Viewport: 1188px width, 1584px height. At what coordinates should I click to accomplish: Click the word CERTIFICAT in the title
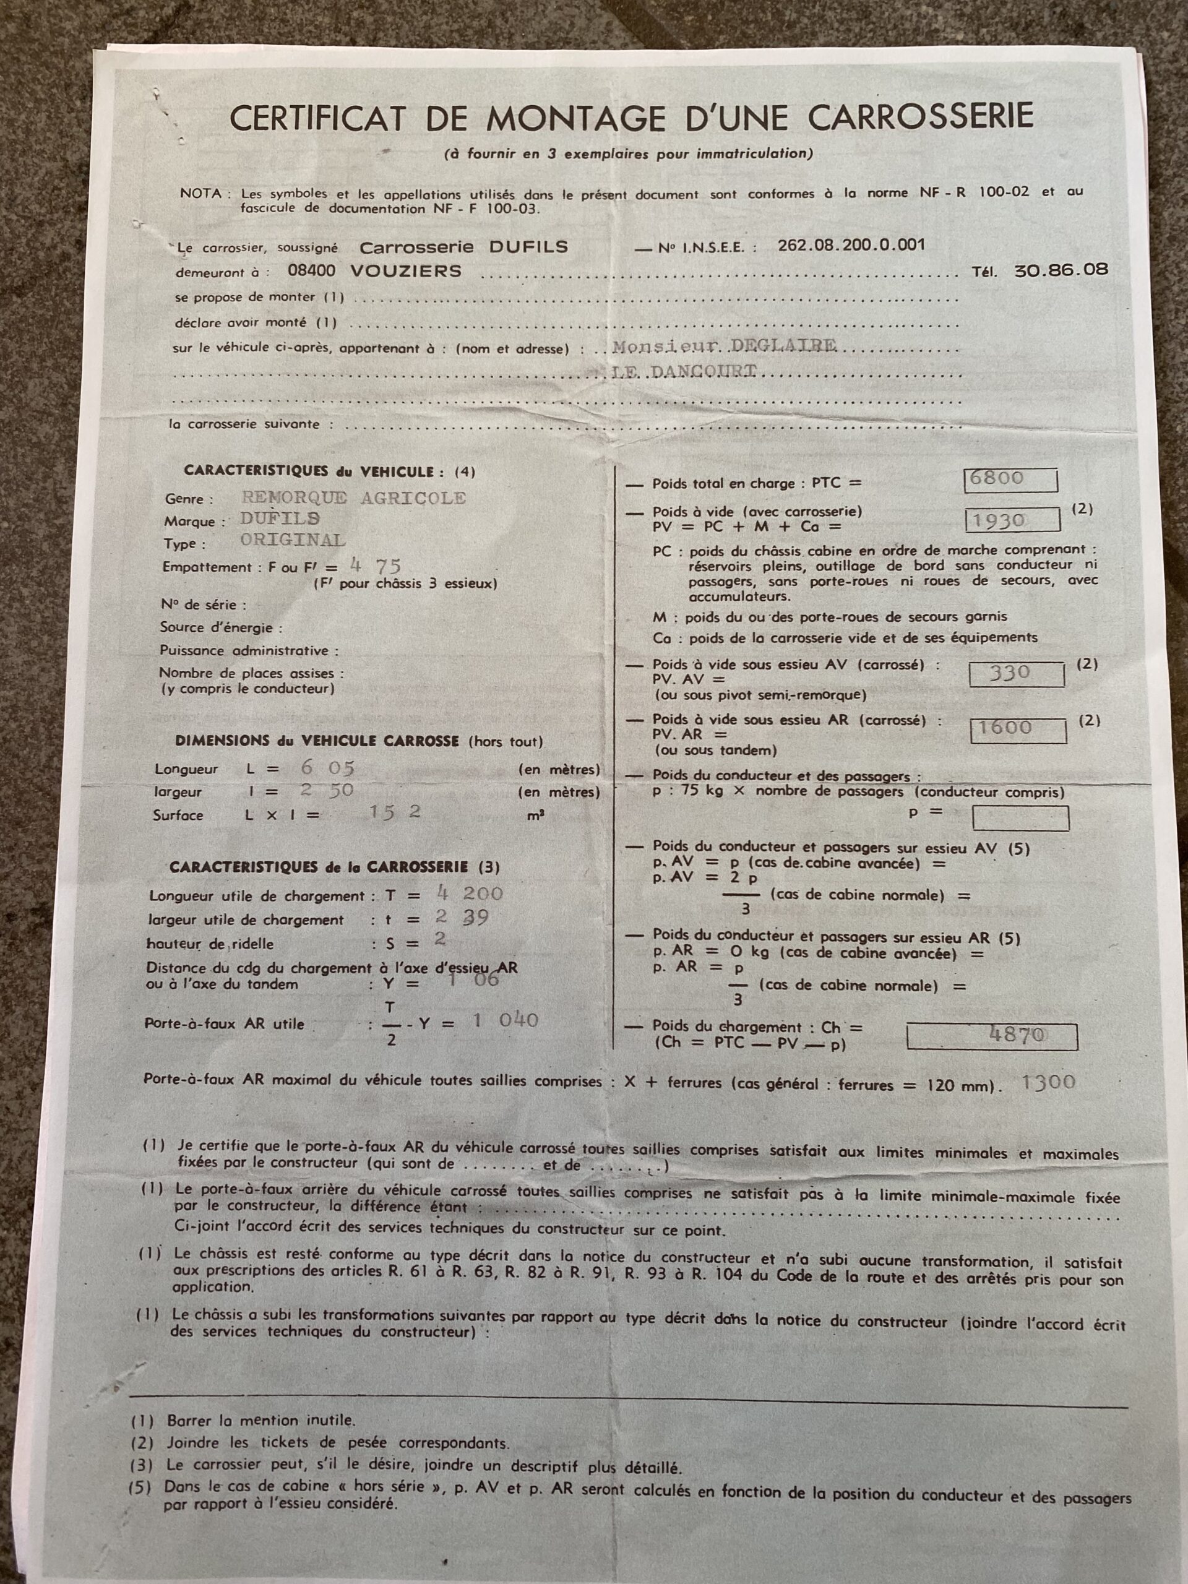pos(318,118)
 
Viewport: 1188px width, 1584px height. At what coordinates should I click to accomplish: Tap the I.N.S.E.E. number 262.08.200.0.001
pos(851,245)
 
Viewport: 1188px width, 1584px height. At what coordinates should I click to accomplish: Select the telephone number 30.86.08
pos(1061,270)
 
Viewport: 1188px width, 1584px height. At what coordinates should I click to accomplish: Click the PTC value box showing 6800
pos(1010,479)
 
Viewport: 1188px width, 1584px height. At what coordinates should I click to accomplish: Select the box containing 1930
pos(1012,520)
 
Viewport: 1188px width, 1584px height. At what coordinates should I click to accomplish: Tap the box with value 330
pos(1015,673)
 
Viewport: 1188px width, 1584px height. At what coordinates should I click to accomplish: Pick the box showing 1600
pos(1018,729)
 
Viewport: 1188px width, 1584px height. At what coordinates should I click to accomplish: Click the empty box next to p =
pos(1020,818)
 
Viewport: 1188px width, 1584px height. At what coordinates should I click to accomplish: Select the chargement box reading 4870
pos(992,1035)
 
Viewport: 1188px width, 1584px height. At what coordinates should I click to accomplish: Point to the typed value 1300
pos(1048,1082)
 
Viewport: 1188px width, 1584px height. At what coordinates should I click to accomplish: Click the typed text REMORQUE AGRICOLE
pos(353,497)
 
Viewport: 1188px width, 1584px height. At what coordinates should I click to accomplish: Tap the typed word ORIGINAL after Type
pos(292,540)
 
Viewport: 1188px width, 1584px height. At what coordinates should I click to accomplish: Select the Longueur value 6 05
pos(327,768)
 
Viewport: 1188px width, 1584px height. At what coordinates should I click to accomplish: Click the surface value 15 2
pos(394,812)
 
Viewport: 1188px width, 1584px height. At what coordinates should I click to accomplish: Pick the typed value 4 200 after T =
pos(469,893)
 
